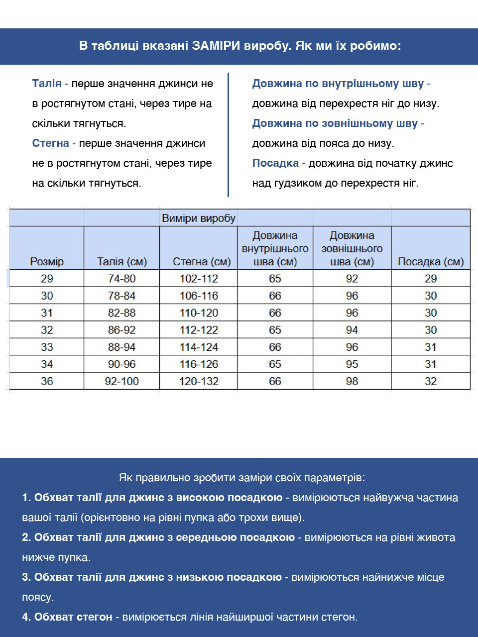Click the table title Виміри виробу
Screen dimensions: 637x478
pos(199,218)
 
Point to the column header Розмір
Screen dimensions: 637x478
pos(47,261)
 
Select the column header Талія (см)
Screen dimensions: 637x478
pos(122,261)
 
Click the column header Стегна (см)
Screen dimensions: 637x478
pos(202,261)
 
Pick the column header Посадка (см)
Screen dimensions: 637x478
pos(431,261)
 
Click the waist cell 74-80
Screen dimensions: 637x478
pos(122,279)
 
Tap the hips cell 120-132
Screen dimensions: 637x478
pos(199,381)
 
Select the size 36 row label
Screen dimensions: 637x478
pos(47,381)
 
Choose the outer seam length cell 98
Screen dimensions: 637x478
pos(352,381)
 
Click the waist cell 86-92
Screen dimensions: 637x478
pos(122,330)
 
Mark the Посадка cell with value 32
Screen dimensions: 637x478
pos(431,381)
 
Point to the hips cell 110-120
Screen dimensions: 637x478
pos(199,313)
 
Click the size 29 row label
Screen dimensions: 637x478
pos(47,279)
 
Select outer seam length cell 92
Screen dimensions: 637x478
pos(352,279)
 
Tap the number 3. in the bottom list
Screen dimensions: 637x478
pos(26,577)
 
